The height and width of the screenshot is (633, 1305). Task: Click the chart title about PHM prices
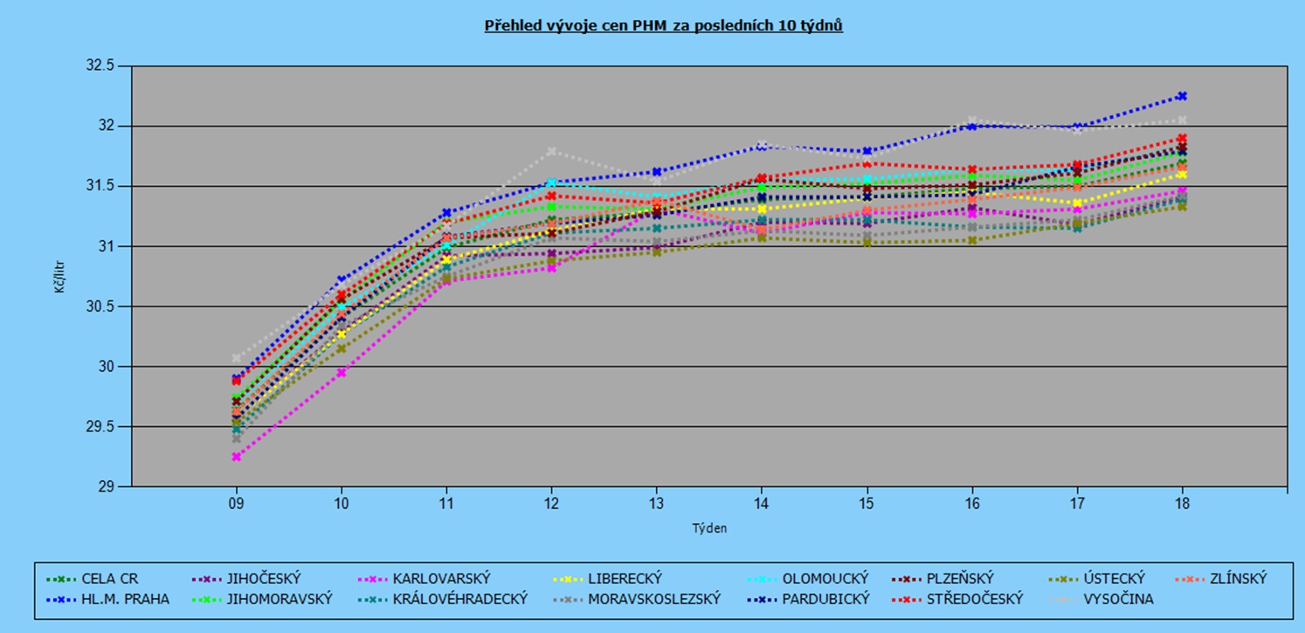point(663,25)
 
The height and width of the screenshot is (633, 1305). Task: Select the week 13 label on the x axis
point(656,504)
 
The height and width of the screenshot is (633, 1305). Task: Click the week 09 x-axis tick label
point(236,504)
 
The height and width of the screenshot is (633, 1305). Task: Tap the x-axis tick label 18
point(1182,504)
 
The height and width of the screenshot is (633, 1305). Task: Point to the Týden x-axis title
point(709,527)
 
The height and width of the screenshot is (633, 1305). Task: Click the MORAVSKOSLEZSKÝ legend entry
point(641,599)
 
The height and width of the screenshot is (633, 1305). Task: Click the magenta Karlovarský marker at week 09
point(236,457)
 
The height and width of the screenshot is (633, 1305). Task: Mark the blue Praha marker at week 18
point(1182,96)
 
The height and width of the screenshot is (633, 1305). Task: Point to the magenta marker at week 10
point(342,373)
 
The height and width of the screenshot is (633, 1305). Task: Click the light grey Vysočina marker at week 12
point(551,151)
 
